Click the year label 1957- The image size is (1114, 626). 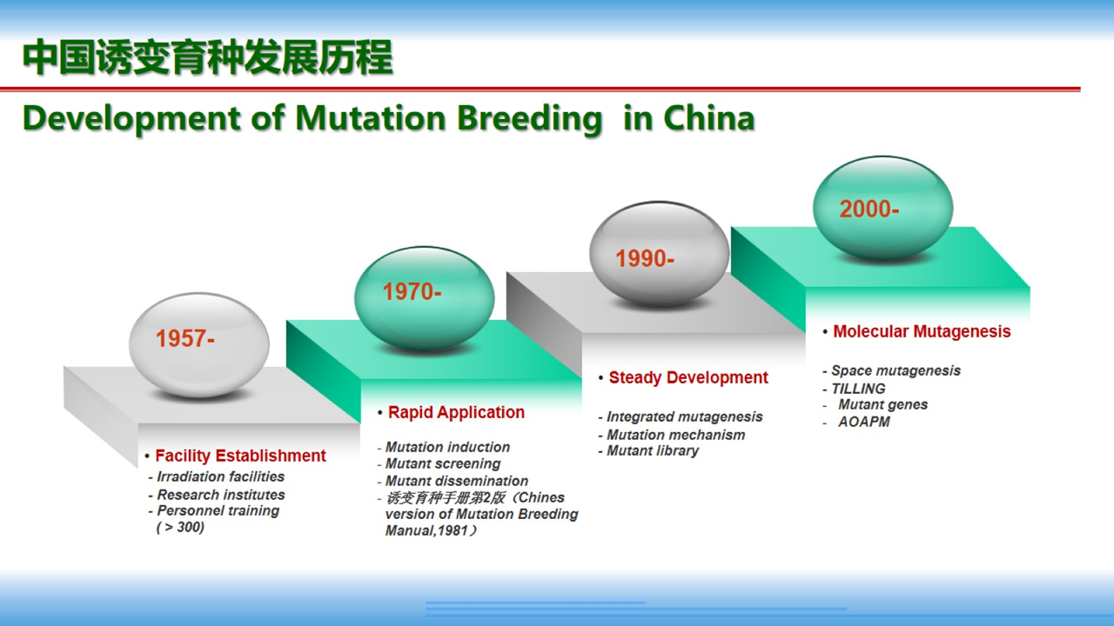point(185,339)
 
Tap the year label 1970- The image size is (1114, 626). point(412,291)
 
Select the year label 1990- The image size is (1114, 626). point(645,258)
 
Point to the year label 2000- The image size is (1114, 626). point(869,209)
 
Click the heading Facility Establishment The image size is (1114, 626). point(241,456)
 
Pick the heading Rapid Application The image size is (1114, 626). point(456,412)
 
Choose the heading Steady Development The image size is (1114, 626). point(688,377)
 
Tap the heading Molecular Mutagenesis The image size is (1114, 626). point(922,331)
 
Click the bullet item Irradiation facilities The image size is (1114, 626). point(221,477)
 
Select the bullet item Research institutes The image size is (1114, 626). point(221,495)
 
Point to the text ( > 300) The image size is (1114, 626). point(180,527)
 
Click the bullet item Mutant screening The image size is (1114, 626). point(443,464)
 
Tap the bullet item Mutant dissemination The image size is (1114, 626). point(457,481)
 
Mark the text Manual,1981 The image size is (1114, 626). point(426,530)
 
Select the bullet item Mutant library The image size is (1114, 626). point(653,451)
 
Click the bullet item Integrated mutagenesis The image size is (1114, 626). point(684,416)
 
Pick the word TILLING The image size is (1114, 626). point(858,389)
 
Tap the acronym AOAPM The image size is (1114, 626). point(864,422)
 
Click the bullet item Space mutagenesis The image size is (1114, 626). point(896,370)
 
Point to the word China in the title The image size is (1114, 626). point(709,118)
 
